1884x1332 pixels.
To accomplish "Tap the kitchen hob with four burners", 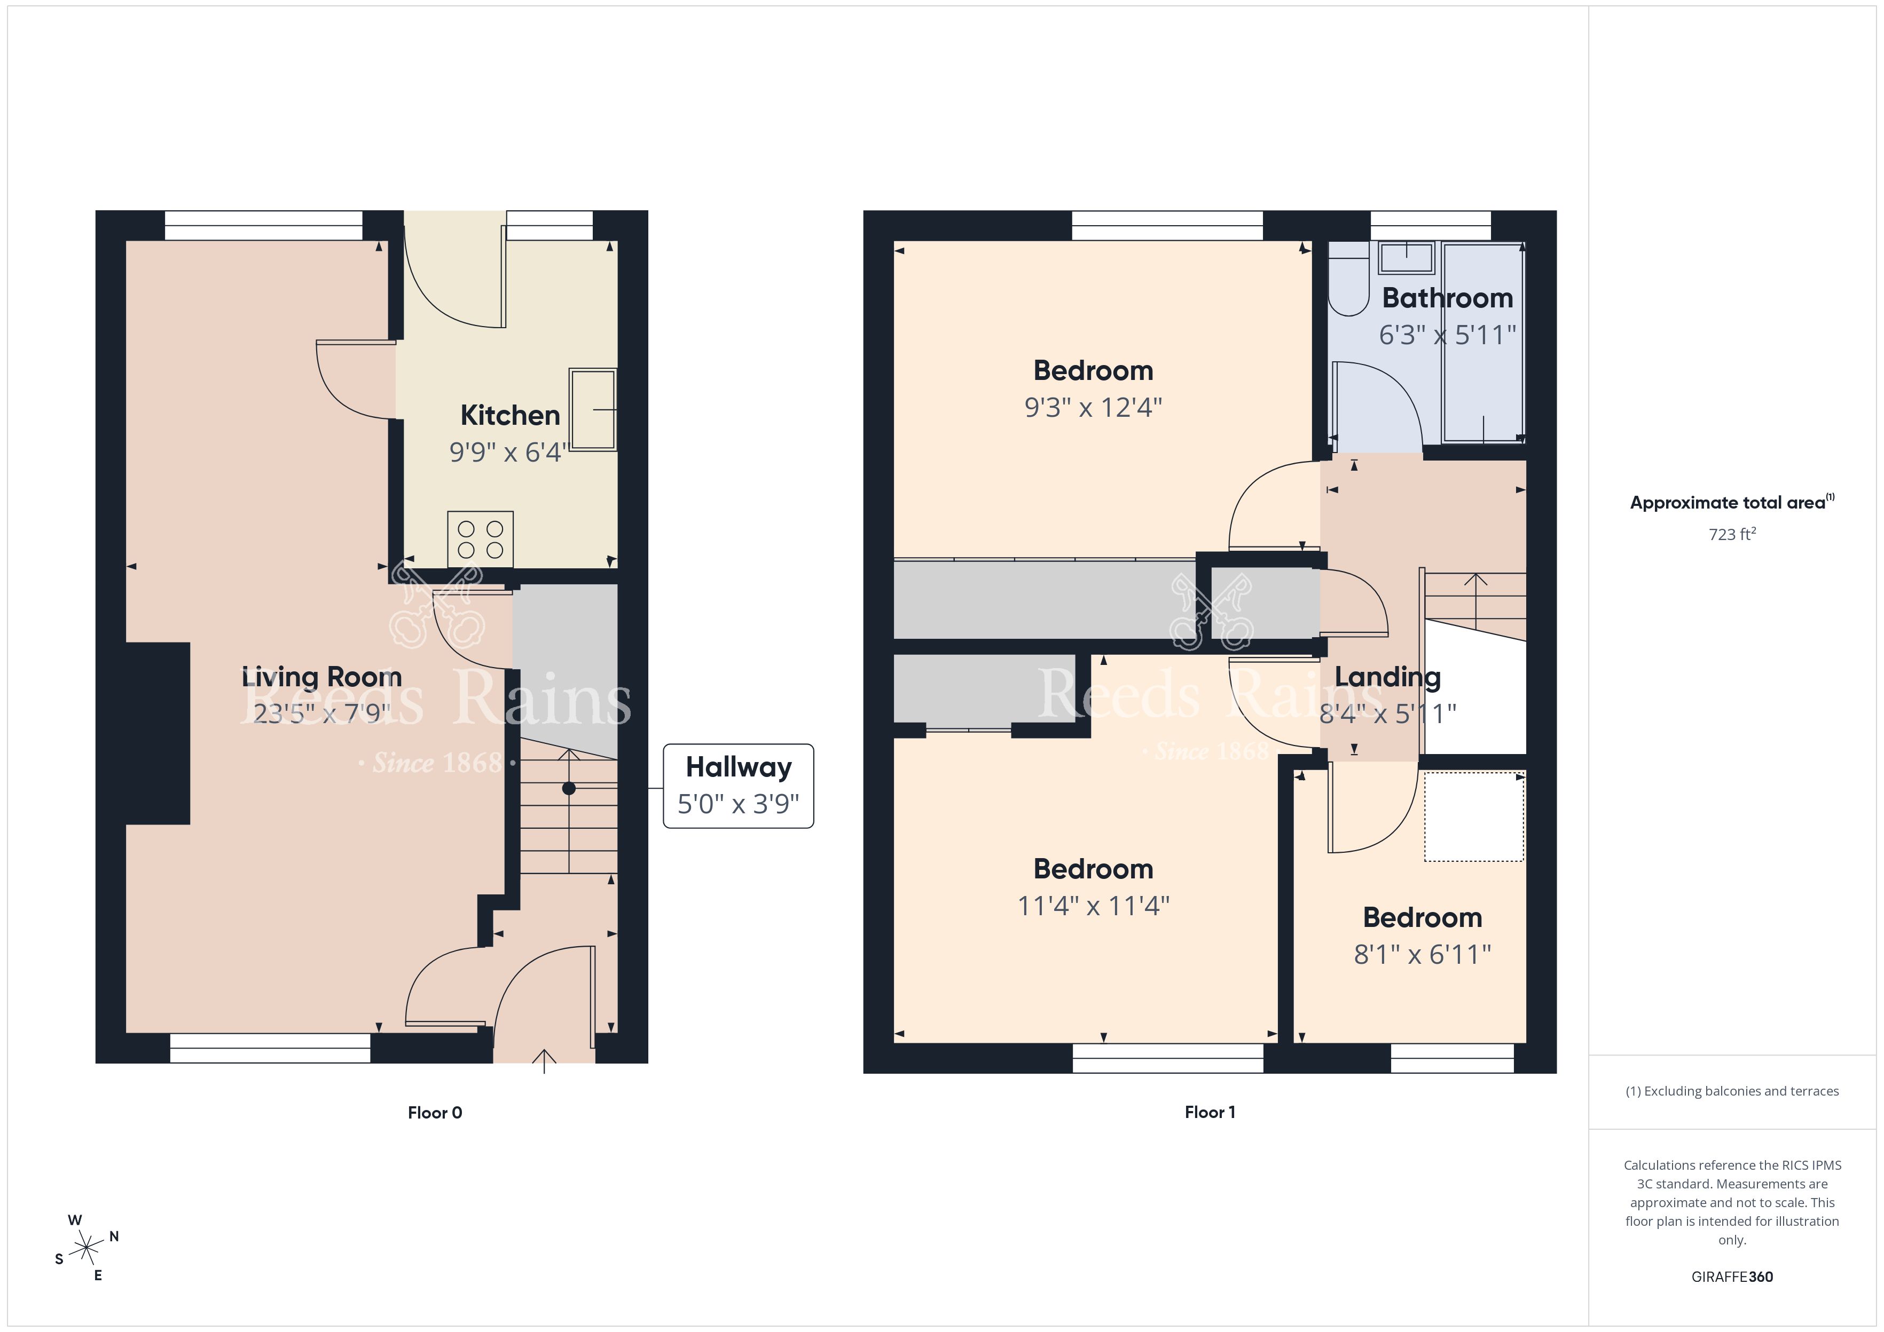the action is click(x=480, y=539).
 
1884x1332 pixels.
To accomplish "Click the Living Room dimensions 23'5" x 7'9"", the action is click(x=321, y=713).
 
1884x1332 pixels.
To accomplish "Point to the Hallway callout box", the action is click(x=739, y=786).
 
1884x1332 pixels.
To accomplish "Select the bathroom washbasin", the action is click(x=1407, y=258).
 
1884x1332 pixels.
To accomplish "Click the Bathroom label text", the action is click(x=1448, y=298).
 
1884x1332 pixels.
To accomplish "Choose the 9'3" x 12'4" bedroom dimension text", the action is click(x=1093, y=407).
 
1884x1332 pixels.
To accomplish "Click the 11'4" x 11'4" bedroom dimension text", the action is click(x=1093, y=906).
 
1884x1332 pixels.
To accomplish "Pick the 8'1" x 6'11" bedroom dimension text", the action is click(x=1422, y=954).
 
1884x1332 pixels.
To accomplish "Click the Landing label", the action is click(x=1387, y=678).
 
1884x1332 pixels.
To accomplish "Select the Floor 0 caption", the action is click(x=435, y=1112).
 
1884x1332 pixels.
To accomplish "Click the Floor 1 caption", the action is click(x=1210, y=1112).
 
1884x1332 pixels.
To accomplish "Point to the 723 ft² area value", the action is click(x=1732, y=534).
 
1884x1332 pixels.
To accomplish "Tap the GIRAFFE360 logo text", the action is click(x=1732, y=1277).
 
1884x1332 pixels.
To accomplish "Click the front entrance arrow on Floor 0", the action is click(x=544, y=1061).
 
